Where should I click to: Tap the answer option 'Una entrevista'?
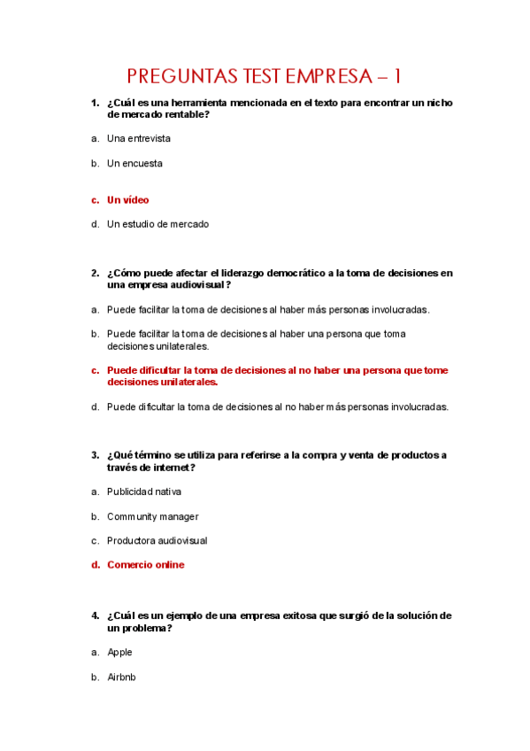tap(139, 139)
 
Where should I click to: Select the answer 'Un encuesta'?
tap(134, 164)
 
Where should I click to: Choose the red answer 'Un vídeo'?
tap(128, 200)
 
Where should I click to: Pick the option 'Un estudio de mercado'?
tap(157, 225)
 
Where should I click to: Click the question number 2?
tap(95, 274)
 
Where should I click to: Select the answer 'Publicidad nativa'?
tap(144, 492)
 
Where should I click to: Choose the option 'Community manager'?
tap(152, 517)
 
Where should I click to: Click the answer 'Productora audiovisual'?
tap(157, 541)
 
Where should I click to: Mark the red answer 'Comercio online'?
tap(146, 565)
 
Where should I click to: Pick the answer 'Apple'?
tap(119, 653)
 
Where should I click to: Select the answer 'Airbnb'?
tap(121, 677)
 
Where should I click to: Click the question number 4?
tap(95, 616)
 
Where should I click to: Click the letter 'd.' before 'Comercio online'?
tap(95, 565)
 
